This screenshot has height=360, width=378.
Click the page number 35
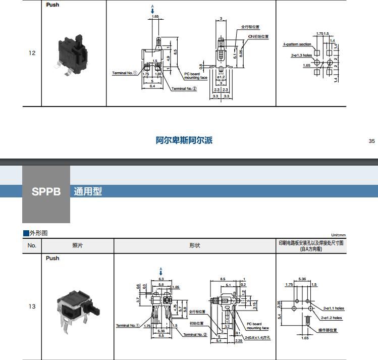(x=372, y=141)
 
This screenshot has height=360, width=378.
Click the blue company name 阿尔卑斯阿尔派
(x=184, y=140)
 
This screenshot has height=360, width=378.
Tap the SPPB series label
(x=46, y=192)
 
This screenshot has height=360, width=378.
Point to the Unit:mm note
(x=338, y=235)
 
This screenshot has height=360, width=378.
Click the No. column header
(x=32, y=246)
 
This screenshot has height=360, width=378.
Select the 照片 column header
(x=78, y=246)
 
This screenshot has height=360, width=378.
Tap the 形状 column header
(x=195, y=246)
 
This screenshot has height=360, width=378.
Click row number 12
(x=32, y=53)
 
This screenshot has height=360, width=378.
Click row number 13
(x=32, y=306)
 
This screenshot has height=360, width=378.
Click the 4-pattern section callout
(x=297, y=44)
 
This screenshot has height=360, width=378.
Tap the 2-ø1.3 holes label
(x=301, y=55)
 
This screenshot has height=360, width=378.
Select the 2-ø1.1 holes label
(x=332, y=308)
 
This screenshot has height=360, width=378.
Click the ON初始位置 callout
(x=258, y=36)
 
